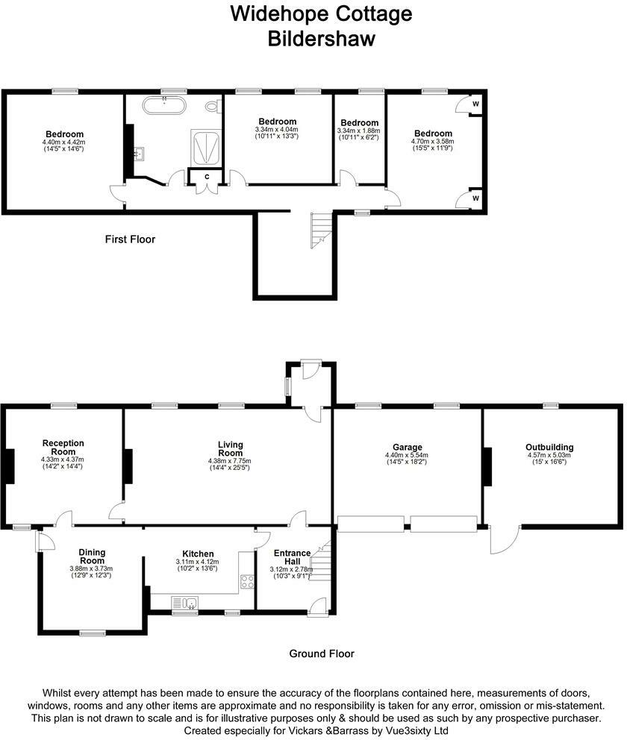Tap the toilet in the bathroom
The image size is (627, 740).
215,107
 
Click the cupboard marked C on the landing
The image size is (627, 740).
205,176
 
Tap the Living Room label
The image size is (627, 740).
230,449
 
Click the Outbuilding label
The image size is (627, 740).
549,448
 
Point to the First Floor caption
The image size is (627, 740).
130,239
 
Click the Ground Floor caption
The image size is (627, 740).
322,653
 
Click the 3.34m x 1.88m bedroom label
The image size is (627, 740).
359,122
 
